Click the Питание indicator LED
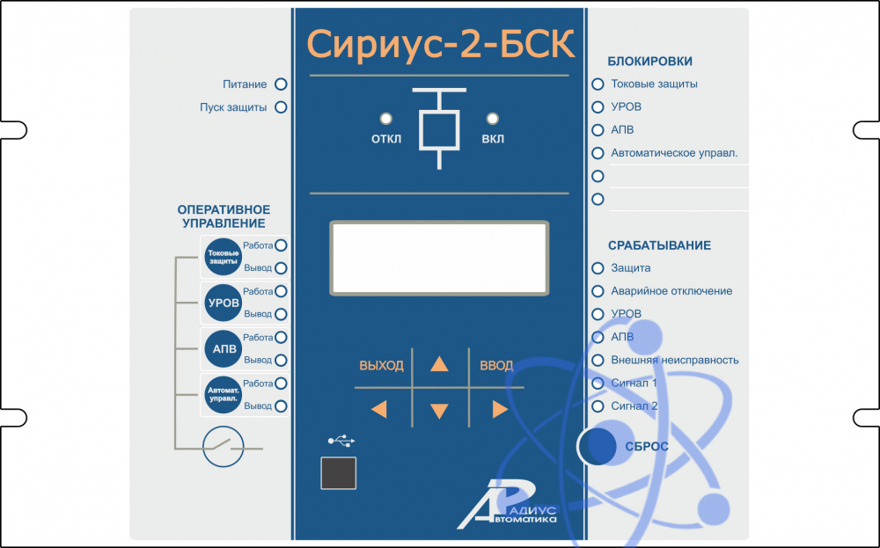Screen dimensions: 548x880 [282, 84]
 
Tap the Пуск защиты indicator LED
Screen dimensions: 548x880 [282, 108]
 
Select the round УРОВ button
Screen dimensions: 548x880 [223, 303]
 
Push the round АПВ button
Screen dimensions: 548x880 [223, 349]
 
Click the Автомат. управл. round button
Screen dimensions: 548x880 [223, 395]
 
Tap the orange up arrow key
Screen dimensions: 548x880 [439, 365]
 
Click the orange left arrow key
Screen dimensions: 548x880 [379, 408]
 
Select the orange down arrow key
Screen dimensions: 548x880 [439, 410]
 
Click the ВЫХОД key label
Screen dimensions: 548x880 [381, 366]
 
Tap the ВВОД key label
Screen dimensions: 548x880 [496, 366]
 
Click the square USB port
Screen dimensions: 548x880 [339, 473]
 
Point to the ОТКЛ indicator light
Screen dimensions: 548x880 [385, 118]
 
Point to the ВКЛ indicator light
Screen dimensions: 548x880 [493, 118]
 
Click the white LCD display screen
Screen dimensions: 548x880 [440, 256]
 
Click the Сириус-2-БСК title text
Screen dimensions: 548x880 [440, 44]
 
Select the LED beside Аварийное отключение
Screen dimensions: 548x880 [598, 291]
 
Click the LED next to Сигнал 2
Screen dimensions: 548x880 [598, 406]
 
